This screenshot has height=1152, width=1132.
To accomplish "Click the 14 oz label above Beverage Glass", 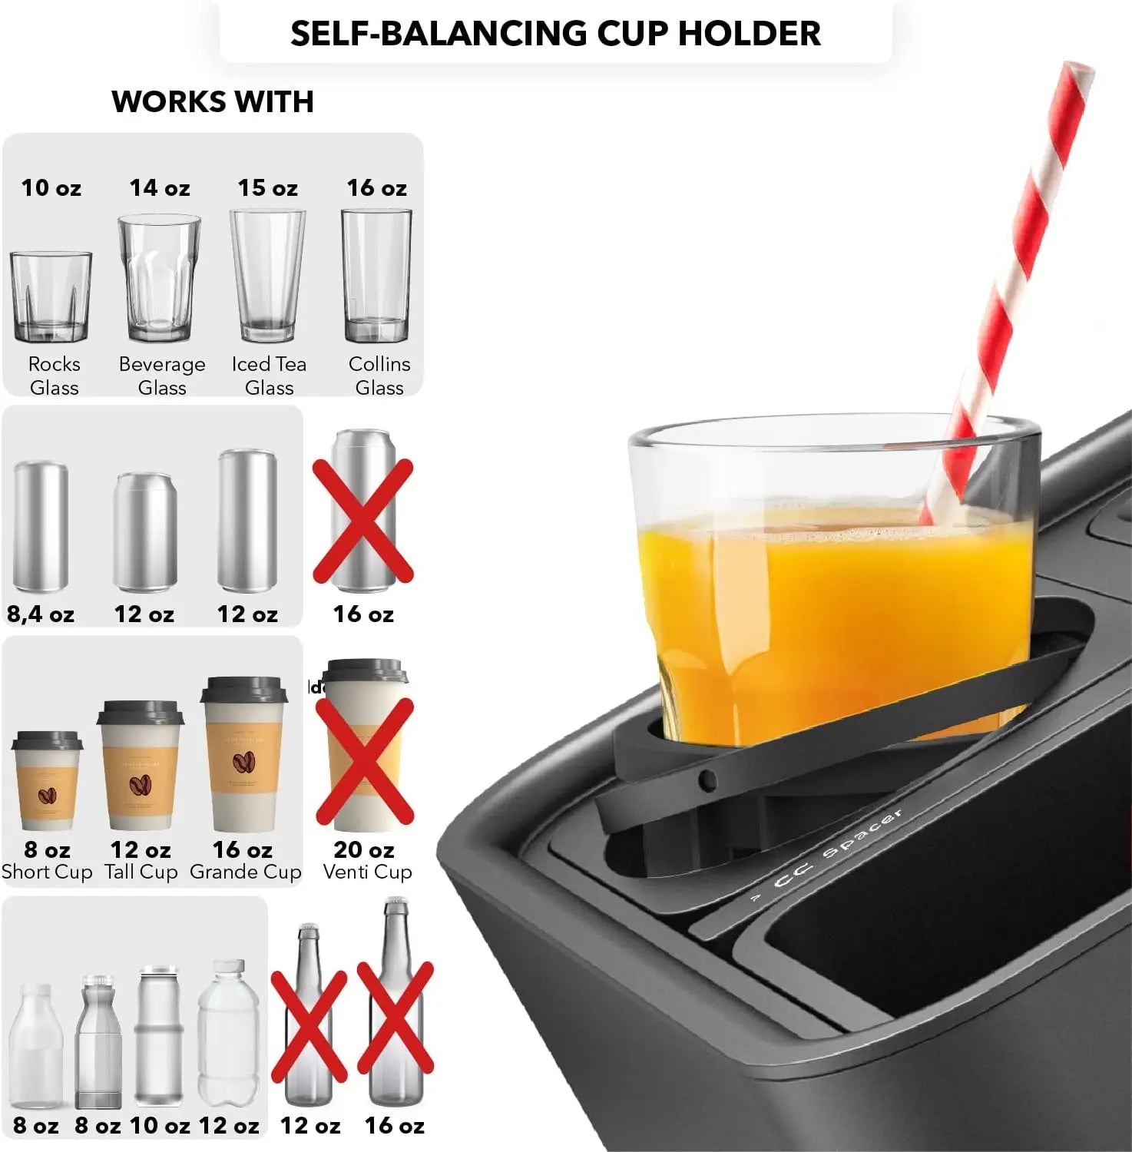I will [x=160, y=188].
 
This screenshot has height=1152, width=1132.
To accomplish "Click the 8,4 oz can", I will [x=41, y=525].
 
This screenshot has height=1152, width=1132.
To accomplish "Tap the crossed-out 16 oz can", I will [x=363, y=511].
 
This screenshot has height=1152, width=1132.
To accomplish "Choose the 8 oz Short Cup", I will [x=47, y=780].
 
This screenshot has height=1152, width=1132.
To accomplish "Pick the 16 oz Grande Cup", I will [x=243, y=753].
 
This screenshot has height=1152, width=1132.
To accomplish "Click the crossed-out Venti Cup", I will [x=364, y=745].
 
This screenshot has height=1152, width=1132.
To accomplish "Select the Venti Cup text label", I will [x=367, y=872].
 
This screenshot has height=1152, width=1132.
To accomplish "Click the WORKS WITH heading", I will [x=213, y=101].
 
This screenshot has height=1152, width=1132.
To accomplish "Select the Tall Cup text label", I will [x=141, y=872].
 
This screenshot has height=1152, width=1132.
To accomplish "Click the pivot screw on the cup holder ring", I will [x=707, y=782].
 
